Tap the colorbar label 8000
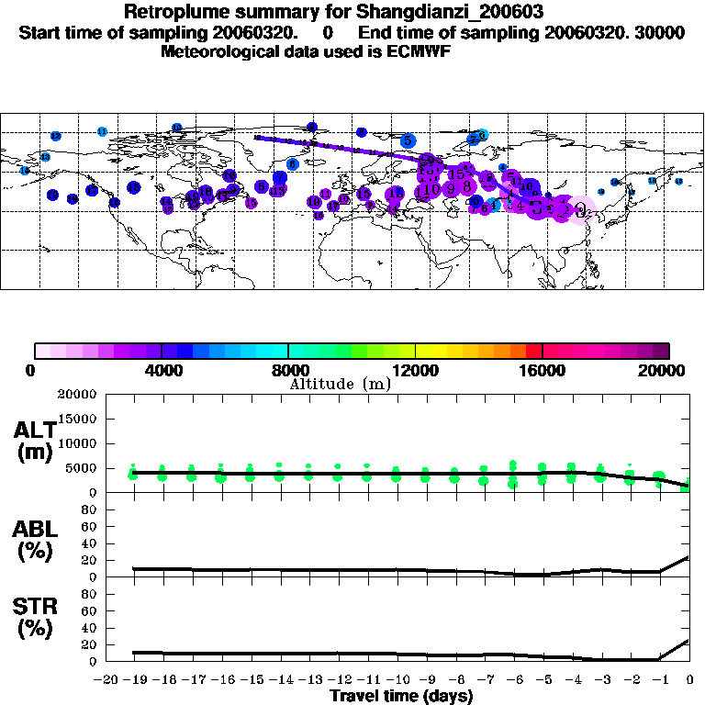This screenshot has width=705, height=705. coord(288,371)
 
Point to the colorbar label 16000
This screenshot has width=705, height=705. coord(543,371)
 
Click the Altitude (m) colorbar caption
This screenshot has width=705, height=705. coord(340,384)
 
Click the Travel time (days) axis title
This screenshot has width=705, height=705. coord(401,696)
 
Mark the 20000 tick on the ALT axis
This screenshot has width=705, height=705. coord(81,395)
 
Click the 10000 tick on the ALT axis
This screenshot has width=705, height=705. coord(81,443)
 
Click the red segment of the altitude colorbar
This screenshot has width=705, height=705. coord(534,351)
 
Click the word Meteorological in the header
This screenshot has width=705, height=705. coord(216,50)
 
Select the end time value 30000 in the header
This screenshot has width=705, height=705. coord(662,33)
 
